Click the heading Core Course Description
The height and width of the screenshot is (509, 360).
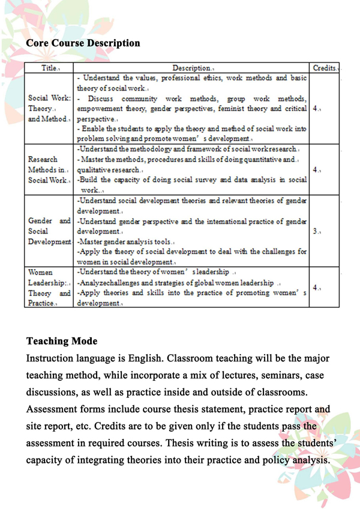pyautogui.click(x=83, y=43)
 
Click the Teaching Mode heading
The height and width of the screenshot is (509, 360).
pyautogui.click(x=62, y=341)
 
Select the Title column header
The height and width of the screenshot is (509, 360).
pyautogui.click(x=50, y=68)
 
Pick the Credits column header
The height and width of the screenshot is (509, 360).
pyautogui.click(x=325, y=68)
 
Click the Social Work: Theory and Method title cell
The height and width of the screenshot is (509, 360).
pyautogui.click(x=50, y=109)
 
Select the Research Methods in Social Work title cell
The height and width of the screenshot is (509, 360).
pyautogui.click(x=50, y=169)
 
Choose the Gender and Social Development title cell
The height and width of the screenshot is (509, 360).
pyautogui.click(x=50, y=231)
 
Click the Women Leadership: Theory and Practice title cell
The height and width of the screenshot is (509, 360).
pyautogui.click(x=50, y=288)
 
